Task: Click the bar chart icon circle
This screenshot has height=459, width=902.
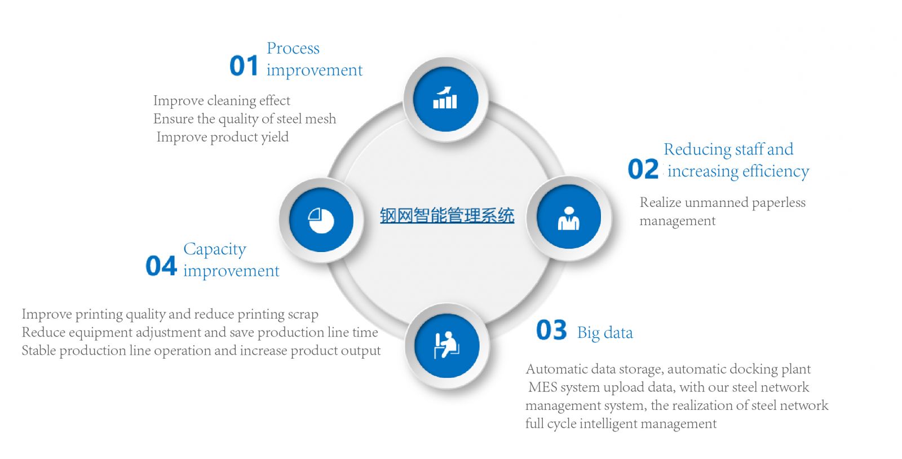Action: click(445, 99)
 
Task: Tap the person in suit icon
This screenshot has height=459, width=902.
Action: click(568, 218)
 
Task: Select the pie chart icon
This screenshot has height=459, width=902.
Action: click(321, 220)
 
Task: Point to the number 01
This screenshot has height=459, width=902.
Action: click(244, 66)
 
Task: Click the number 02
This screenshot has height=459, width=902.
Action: click(643, 169)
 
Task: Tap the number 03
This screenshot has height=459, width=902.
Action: click(551, 330)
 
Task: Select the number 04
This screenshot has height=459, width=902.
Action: click(161, 266)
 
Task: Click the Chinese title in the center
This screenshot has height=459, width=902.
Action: click(447, 215)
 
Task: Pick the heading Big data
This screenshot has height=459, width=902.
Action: click(605, 333)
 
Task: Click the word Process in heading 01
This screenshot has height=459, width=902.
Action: click(293, 48)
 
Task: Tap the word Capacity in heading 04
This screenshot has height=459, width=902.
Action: click(215, 250)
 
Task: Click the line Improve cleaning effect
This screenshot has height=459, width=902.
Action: click(222, 101)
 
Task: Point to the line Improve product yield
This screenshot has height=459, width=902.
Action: click(222, 137)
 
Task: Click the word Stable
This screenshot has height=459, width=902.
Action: click(39, 350)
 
